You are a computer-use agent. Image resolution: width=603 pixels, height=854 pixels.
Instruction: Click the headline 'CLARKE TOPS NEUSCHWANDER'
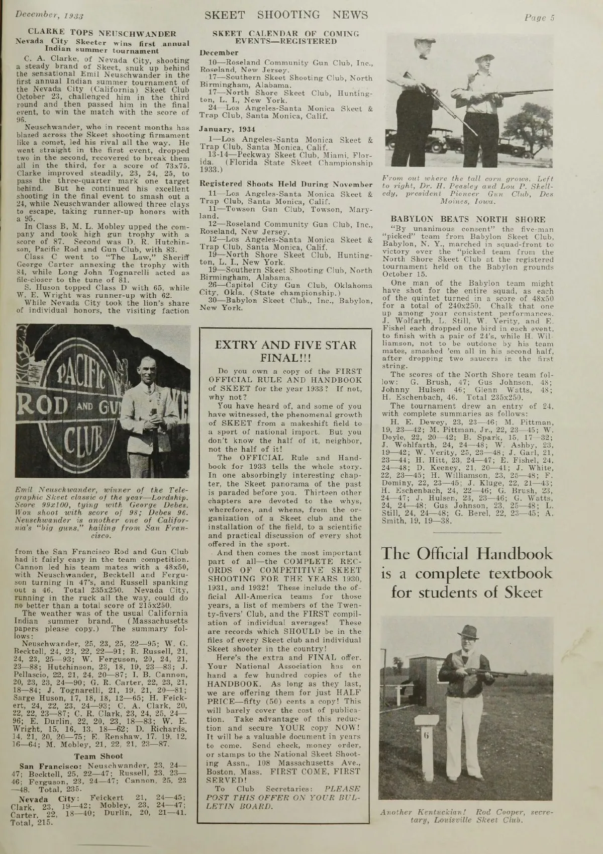[103, 34]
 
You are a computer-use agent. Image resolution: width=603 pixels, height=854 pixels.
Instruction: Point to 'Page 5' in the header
[539, 18]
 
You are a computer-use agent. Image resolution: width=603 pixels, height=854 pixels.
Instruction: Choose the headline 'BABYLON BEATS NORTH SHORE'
[467, 219]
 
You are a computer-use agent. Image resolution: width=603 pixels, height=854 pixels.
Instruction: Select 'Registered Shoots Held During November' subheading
[286, 184]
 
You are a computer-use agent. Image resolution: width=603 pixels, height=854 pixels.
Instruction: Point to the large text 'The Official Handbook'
[467, 555]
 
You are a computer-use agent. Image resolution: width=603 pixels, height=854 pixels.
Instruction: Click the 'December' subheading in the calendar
[219, 53]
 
